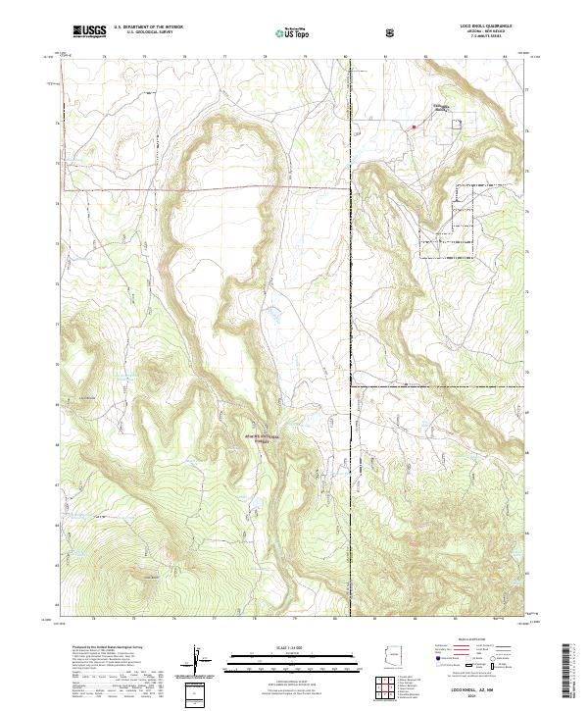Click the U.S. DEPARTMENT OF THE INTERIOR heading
click(x=148, y=27)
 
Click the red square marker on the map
click(x=415, y=127)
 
